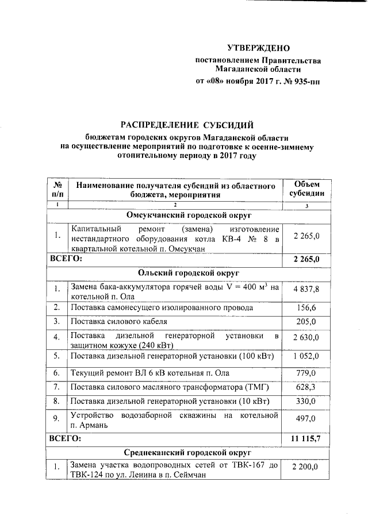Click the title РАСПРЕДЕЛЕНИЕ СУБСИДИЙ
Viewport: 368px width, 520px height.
coord(186,125)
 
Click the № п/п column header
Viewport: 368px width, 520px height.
coord(57,188)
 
